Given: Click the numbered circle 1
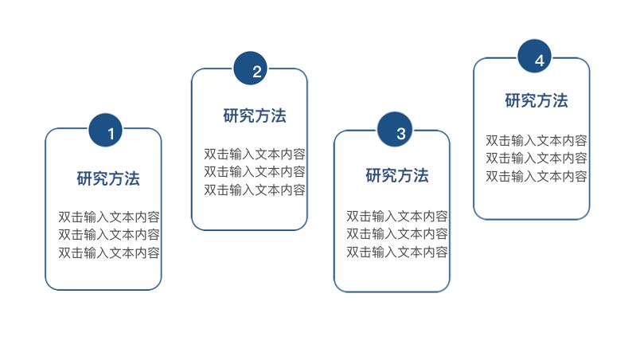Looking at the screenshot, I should [111, 131].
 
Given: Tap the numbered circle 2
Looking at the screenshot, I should [256, 71].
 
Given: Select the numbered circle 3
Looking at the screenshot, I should [400, 132].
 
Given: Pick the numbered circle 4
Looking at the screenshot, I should [539, 59].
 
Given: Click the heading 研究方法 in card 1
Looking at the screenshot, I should [108, 178].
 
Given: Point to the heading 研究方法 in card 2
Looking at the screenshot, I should [255, 115].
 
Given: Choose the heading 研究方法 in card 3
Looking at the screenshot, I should [397, 175].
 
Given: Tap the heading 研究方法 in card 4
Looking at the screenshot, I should [537, 100].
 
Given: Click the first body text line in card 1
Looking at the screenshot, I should [109, 217].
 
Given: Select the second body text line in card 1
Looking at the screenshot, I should [109, 234].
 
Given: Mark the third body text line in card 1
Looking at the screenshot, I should [109, 252].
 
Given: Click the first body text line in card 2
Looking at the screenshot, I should [255, 154].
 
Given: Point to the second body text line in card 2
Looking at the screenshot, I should [255, 171].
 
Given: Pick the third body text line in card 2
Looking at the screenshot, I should [255, 190].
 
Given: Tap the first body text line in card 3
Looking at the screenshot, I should [397, 216].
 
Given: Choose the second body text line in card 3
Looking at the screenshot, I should [397, 233].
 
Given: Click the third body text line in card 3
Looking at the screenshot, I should [397, 252].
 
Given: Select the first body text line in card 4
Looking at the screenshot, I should [537, 140].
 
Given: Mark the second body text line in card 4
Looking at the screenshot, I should [537, 158].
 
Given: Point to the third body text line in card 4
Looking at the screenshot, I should [537, 176].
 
